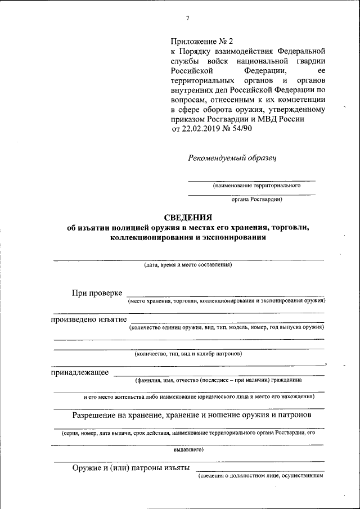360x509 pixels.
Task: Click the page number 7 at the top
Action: click(187, 19)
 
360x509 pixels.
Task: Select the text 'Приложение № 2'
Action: click(201, 41)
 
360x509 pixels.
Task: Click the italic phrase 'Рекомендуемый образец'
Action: click(232, 157)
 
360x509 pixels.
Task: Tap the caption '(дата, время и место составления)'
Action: click(188, 264)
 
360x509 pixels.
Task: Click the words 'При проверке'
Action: click(97, 292)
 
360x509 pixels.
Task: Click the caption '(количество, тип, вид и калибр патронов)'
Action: click(188, 354)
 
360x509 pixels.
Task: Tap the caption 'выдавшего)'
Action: click(188, 449)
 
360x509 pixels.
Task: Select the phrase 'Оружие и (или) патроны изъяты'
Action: click(130, 468)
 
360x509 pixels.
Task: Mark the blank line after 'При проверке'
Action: click(225, 295)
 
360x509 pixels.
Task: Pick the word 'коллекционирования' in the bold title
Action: click(148, 238)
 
